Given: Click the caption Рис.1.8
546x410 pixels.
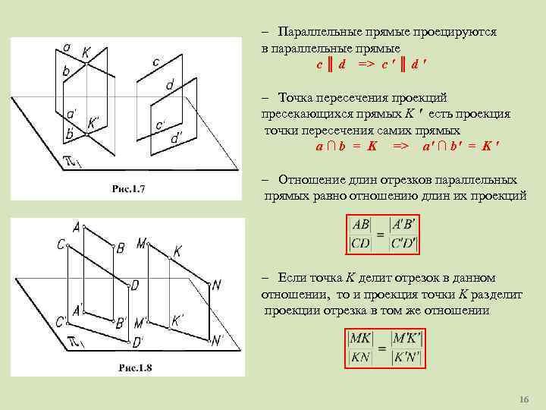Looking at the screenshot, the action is coord(136,367).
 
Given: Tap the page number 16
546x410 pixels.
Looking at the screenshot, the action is coord(522,399).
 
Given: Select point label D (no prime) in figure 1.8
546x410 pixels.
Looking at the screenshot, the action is coord(134,285).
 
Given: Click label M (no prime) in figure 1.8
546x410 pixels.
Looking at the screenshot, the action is coord(141,244).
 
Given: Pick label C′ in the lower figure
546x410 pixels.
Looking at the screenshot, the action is coord(61,320).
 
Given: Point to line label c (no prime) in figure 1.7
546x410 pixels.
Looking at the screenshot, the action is coord(155,61).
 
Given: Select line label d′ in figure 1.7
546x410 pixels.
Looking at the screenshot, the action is coord(175,138).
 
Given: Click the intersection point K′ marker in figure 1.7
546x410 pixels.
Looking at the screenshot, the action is coord(88,135).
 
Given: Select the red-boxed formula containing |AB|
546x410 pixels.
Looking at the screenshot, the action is coord(383,235).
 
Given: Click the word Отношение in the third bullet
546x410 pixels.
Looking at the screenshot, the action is coord(312,180).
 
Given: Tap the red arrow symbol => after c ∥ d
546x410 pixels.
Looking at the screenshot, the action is coord(369,65).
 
